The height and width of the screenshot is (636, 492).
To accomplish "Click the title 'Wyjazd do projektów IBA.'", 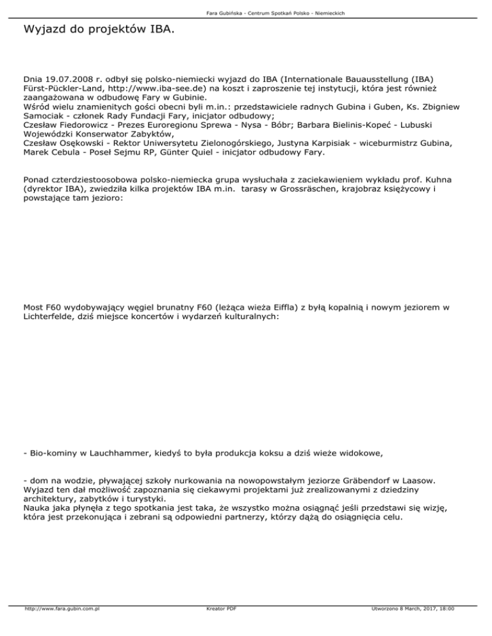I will point(97,29).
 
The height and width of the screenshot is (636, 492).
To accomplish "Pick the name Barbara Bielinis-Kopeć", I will point(382,126).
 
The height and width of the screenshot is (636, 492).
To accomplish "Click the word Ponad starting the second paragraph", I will point(37,180).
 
